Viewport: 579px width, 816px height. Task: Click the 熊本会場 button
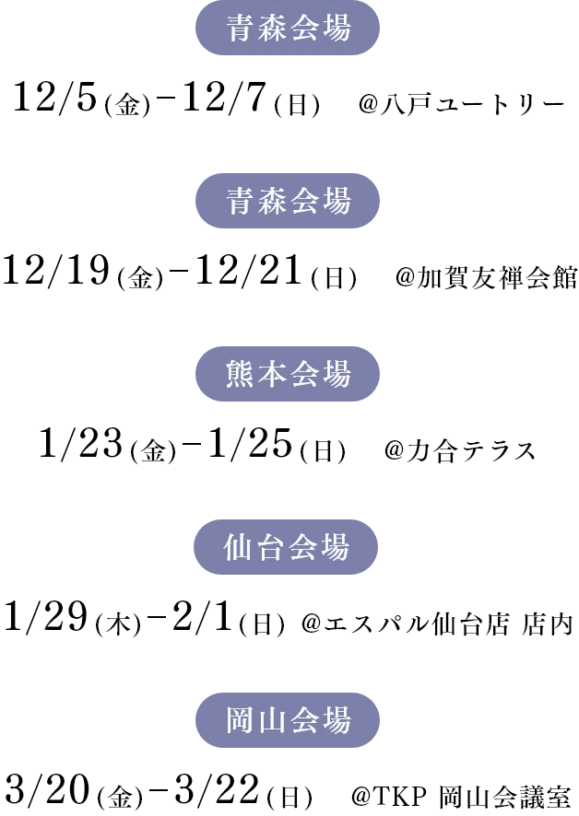pyautogui.click(x=288, y=375)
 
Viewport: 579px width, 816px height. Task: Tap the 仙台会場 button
pyautogui.click(x=288, y=547)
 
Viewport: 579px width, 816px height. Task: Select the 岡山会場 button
pyautogui.click(x=288, y=720)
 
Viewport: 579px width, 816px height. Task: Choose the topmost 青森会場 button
pyautogui.click(x=288, y=29)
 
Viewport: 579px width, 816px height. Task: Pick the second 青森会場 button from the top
pyautogui.click(x=288, y=201)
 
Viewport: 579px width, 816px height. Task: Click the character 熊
pyautogui.click(x=240, y=375)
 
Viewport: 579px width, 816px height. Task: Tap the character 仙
pyautogui.click(x=238, y=547)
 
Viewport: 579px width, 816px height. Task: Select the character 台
pyautogui.click(x=271, y=547)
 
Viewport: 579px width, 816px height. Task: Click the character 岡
pyautogui.click(x=240, y=720)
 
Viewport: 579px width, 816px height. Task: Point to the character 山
pyautogui.click(x=272, y=720)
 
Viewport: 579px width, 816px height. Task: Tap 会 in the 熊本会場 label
pyautogui.click(x=304, y=375)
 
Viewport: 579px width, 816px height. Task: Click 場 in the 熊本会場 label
pyautogui.click(x=337, y=375)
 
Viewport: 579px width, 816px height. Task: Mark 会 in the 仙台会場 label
pyautogui.click(x=303, y=547)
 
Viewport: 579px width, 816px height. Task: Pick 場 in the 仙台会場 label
pyautogui.click(x=336, y=547)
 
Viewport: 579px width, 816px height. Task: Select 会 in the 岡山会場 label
pyautogui.click(x=304, y=720)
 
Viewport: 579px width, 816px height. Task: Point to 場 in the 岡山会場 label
pyautogui.click(x=337, y=720)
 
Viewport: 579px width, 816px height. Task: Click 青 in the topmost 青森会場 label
pyautogui.click(x=240, y=29)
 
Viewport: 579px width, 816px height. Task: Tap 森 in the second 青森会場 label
pyautogui.click(x=272, y=201)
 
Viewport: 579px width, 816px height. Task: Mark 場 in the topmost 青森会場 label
pyautogui.click(x=337, y=29)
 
